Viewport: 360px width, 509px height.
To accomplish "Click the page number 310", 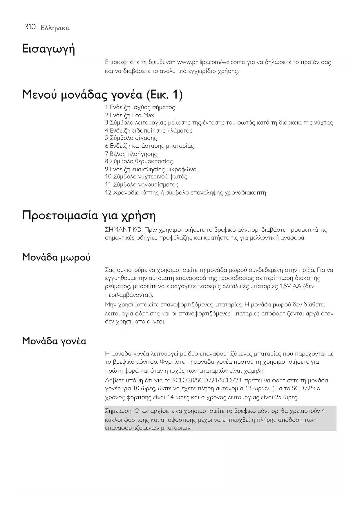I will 30,27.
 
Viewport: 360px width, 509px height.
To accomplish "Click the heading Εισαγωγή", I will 48,49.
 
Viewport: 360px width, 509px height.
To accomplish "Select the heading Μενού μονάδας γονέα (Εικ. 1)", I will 102,95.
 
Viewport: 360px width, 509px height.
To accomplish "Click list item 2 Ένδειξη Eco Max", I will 130,115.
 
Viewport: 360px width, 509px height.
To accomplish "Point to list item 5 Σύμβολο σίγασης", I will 131,138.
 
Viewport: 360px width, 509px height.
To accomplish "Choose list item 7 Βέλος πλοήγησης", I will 131,154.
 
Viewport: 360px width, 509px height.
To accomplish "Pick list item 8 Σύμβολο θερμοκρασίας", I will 139,161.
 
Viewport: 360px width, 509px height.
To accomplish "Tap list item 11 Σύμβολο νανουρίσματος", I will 142,185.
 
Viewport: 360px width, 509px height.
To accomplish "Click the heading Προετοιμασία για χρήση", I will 89,216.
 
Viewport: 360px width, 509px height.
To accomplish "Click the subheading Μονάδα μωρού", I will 56,257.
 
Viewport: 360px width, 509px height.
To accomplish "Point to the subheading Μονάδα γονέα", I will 54,341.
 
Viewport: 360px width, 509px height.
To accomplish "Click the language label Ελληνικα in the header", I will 55,28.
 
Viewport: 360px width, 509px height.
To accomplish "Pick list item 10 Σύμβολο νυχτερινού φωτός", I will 146,177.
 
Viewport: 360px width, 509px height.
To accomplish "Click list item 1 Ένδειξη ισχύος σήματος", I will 140,107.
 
